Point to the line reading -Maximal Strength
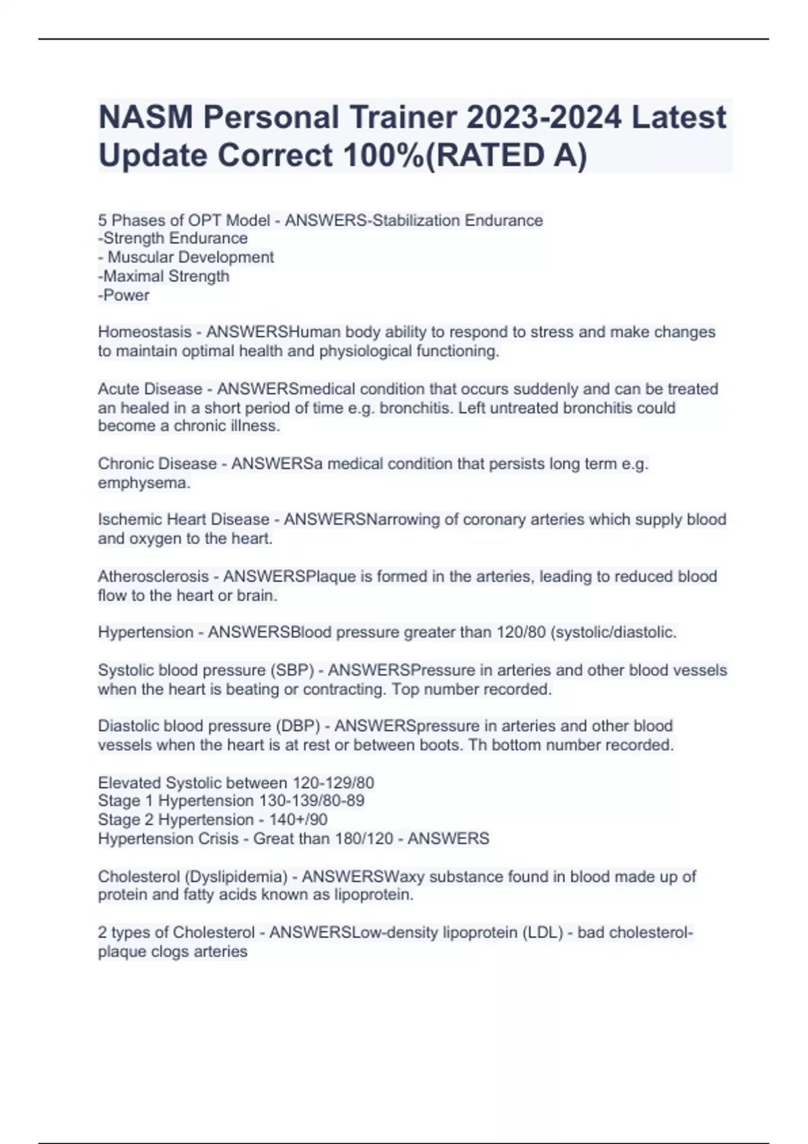(x=164, y=277)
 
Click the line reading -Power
(x=124, y=295)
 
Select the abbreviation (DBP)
(x=298, y=726)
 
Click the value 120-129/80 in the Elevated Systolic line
(x=333, y=783)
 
